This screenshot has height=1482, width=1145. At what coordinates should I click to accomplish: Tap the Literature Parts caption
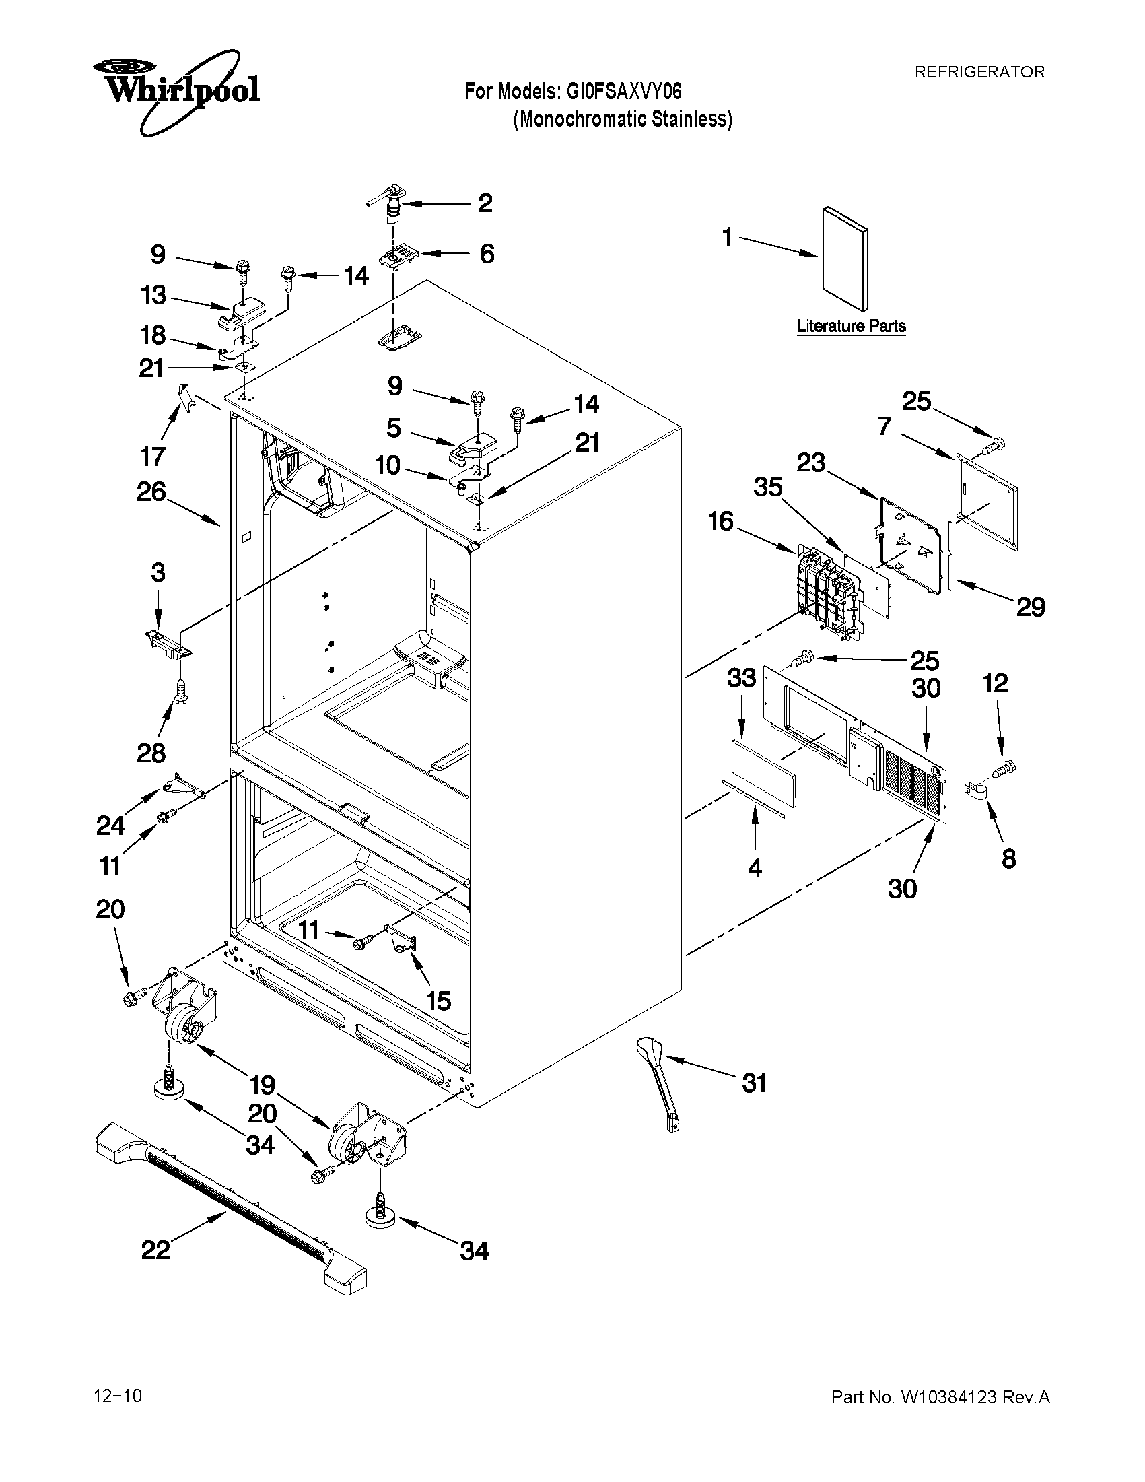click(852, 326)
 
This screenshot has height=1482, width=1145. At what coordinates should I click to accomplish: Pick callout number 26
click(151, 492)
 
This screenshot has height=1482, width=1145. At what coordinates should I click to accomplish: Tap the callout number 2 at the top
click(485, 202)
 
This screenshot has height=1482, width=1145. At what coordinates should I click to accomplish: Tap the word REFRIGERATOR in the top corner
click(979, 72)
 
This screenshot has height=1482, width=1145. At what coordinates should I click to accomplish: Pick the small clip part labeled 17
click(184, 397)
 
